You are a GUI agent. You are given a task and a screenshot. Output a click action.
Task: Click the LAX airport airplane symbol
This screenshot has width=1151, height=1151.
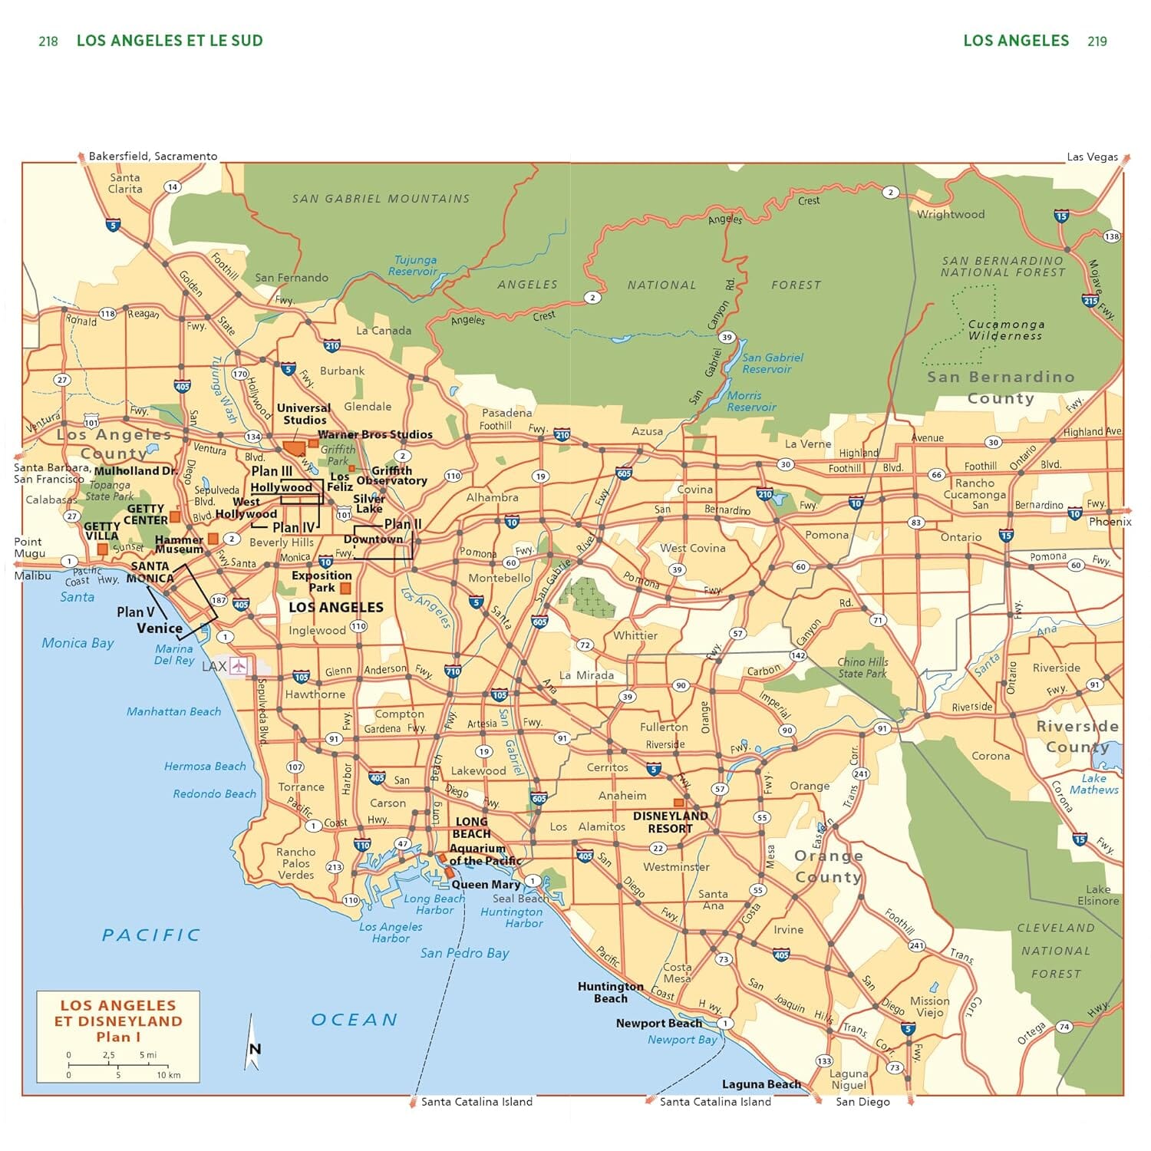coord(239,665)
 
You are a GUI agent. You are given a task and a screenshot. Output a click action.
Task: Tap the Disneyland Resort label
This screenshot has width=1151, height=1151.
coord(670,822)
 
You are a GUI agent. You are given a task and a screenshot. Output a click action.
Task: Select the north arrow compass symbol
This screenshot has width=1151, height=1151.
coord(252,1044)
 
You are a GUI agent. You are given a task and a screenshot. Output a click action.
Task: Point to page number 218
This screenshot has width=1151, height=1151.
coord(48,41)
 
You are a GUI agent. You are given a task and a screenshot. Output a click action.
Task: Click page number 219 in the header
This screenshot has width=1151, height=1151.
coord(1097,41)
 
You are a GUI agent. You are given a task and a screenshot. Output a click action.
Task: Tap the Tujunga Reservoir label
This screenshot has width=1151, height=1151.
coord(414,265)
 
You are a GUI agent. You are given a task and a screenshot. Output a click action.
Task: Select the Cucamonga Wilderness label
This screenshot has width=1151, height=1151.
coord(1005,330)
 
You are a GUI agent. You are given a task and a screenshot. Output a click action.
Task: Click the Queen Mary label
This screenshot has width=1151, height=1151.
coord(486,884)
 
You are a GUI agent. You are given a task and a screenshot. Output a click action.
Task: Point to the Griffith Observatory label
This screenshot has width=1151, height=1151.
coord(391,476)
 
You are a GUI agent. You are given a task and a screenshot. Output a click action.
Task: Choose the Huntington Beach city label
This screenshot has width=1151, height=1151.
coord(610,992)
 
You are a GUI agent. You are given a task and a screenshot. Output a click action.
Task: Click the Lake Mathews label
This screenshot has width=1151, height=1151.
coord(1093,783)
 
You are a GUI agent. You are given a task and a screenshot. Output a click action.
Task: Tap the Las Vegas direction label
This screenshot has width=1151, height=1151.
coord(1092,157)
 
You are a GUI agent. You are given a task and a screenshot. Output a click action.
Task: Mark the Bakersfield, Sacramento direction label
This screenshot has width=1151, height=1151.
coord(153,156)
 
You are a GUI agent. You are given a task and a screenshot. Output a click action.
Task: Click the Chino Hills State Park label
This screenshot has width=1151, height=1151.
coord(862,668)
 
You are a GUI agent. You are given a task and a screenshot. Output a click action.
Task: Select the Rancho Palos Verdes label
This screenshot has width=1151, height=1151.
coord(296,863)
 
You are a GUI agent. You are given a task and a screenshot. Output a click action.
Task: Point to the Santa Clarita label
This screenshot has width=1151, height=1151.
coord(125,183)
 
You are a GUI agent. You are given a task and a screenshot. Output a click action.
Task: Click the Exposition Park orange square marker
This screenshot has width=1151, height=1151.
coord(345,589)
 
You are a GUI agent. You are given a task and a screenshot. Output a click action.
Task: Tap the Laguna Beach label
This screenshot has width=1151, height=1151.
coord(760,1084)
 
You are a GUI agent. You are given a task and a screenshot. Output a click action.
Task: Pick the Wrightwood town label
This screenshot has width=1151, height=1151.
coord(951,214)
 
